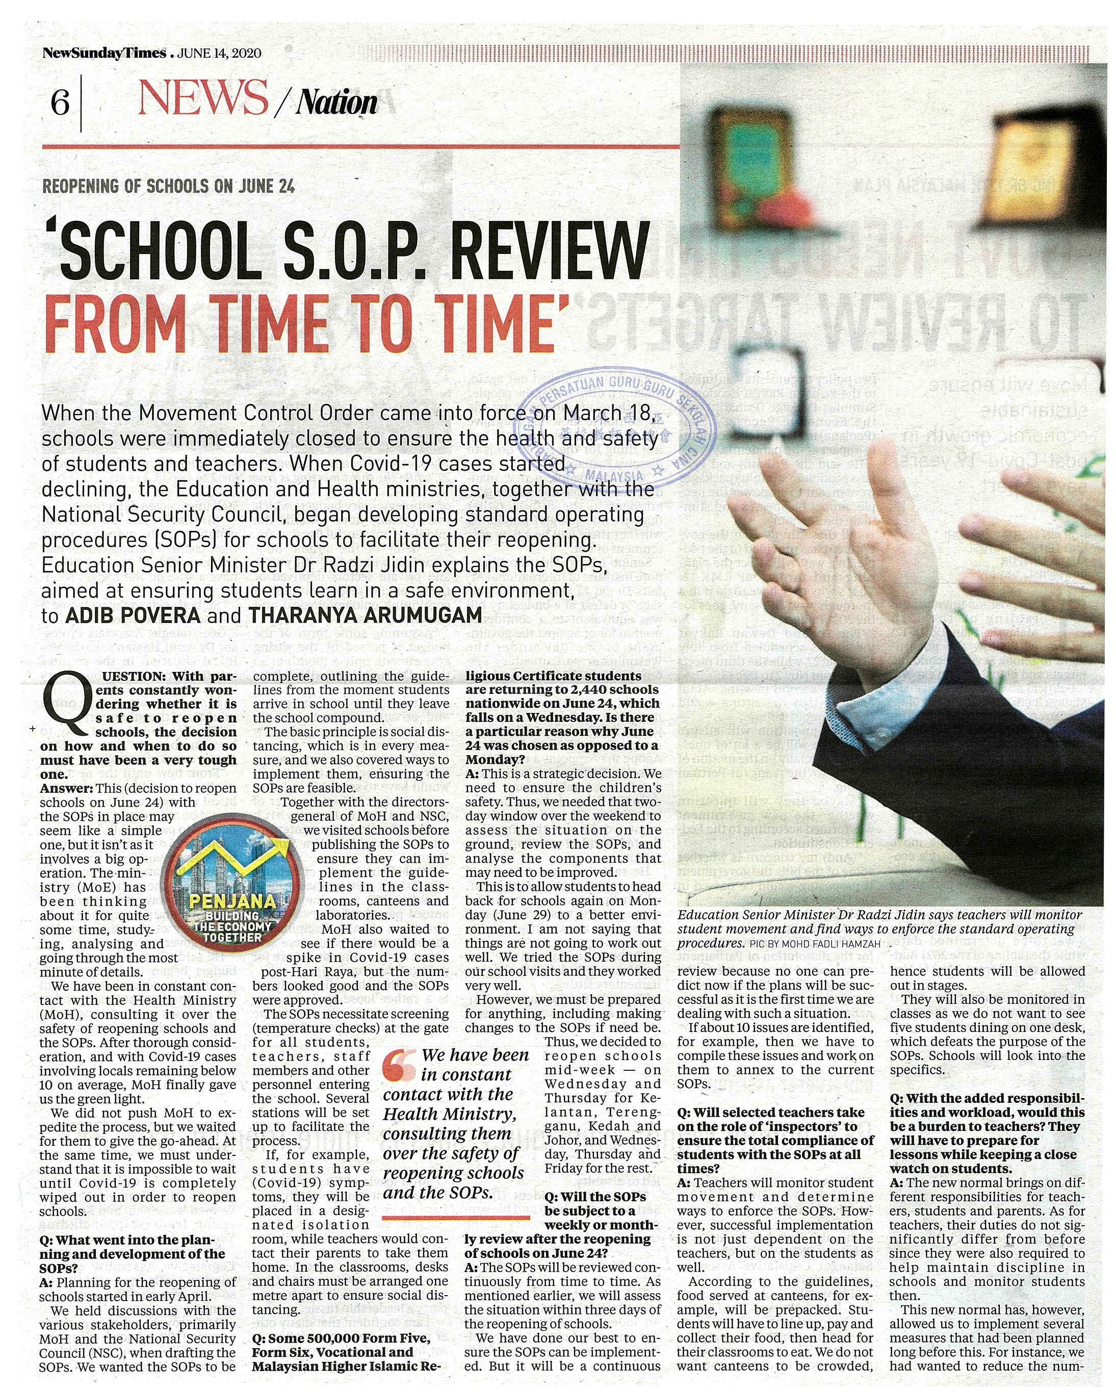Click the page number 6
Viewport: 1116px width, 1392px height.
point(60,102)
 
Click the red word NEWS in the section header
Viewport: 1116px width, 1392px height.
point(203,100)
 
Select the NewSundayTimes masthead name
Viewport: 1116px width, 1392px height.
point(104,53)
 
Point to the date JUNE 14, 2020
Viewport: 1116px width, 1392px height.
point(219,54)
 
